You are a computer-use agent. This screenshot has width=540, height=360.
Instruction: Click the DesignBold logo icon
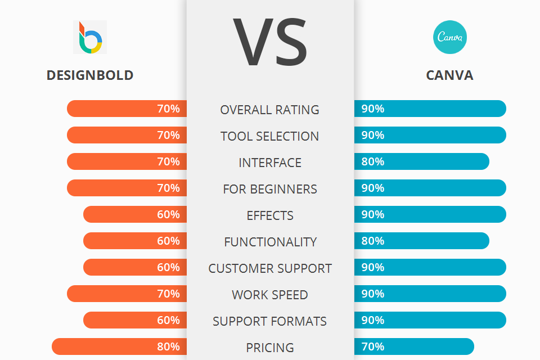click(x=90, y=37)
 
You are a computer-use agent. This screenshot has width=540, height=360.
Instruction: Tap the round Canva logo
click(x=450, y=37)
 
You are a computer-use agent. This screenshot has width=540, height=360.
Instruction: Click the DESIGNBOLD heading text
click(x=90, y=75)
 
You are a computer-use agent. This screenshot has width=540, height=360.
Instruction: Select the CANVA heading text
click(x=449, y=75)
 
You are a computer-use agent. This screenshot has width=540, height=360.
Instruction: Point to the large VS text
click(x=270, y=43)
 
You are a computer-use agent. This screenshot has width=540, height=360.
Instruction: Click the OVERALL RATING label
click(x=270, y=110)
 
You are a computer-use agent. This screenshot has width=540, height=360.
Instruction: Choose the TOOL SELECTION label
click(x=270, y=136)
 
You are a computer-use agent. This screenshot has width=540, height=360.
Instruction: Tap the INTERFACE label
click(x=270, y=163)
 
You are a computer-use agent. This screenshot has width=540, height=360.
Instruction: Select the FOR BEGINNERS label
click(x=270, y=189)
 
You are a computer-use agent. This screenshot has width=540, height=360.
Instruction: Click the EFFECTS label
click(x=270, y=215)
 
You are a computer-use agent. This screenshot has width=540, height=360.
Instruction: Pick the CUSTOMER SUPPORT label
click(x=270, y=268)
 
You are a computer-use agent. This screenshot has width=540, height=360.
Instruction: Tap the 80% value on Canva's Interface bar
click(x=373, y=161)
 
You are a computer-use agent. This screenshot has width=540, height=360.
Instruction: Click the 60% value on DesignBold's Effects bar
click(x=168, y=214)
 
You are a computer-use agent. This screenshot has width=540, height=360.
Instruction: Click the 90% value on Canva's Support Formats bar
click(x=373, y=320)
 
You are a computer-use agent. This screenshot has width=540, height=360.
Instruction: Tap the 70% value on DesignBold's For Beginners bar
click(x=168, y=188)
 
